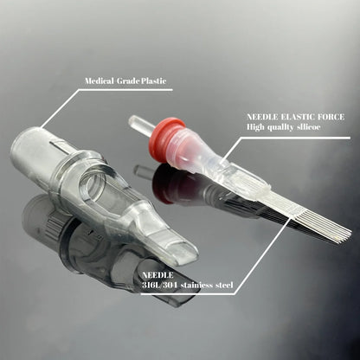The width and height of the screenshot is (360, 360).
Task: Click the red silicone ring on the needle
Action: (x=168, y=138)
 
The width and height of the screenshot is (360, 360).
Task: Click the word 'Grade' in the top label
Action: (x=126, y=81)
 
